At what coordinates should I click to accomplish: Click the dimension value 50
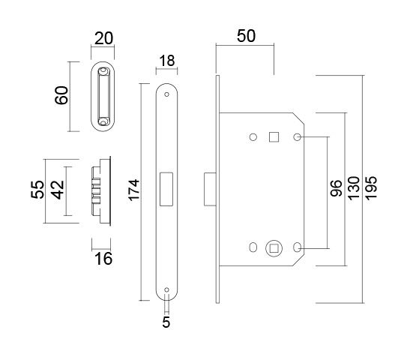tap(246, 36)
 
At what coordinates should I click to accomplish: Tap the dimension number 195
tap(371, 188)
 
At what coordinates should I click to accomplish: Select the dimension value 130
tap(354, 189)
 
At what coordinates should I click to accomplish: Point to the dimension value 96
tap(336, 188)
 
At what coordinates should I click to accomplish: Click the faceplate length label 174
tap(134, 190)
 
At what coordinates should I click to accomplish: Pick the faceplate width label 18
tap(166, 61)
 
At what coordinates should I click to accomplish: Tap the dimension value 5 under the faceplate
tap(166, 322)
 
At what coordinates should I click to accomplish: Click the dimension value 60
tap(61, 95)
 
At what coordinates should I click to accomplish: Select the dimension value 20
tap(103, 38)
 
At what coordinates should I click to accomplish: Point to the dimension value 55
tap(37, 190)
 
